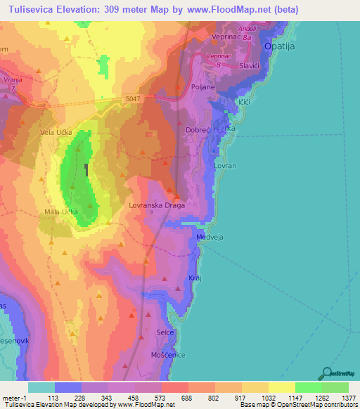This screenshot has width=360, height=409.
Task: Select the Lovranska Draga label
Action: coord(157,207)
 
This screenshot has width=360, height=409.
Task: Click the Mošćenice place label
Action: coord(167,355)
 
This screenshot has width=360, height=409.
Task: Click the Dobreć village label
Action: coord(200,130)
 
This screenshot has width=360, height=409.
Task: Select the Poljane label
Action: coord(202,87)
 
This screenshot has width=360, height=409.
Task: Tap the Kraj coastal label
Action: coord(195,279)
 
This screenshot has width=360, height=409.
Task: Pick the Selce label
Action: coord(165,332)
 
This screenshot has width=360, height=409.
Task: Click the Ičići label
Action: coord(244,103)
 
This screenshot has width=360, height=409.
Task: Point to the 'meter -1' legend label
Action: coord(14,398)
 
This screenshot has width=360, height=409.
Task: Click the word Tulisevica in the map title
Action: coord(33,9)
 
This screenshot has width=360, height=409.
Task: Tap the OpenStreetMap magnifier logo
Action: coord(325,373)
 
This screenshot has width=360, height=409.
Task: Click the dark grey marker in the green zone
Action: coord(86,169)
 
